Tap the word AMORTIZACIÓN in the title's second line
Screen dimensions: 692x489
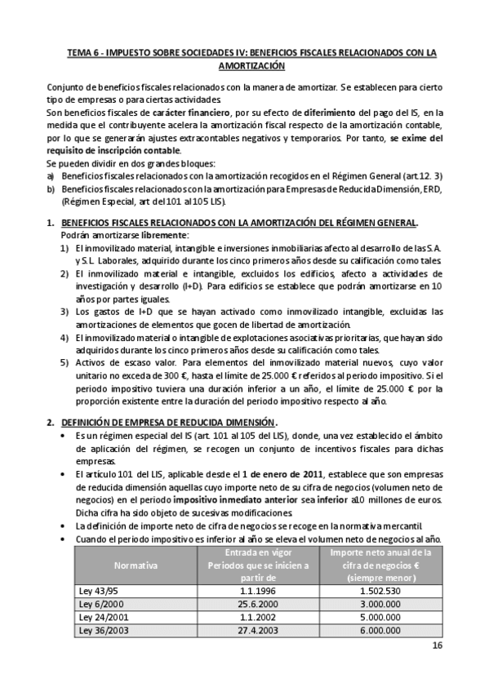coord(251,65)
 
